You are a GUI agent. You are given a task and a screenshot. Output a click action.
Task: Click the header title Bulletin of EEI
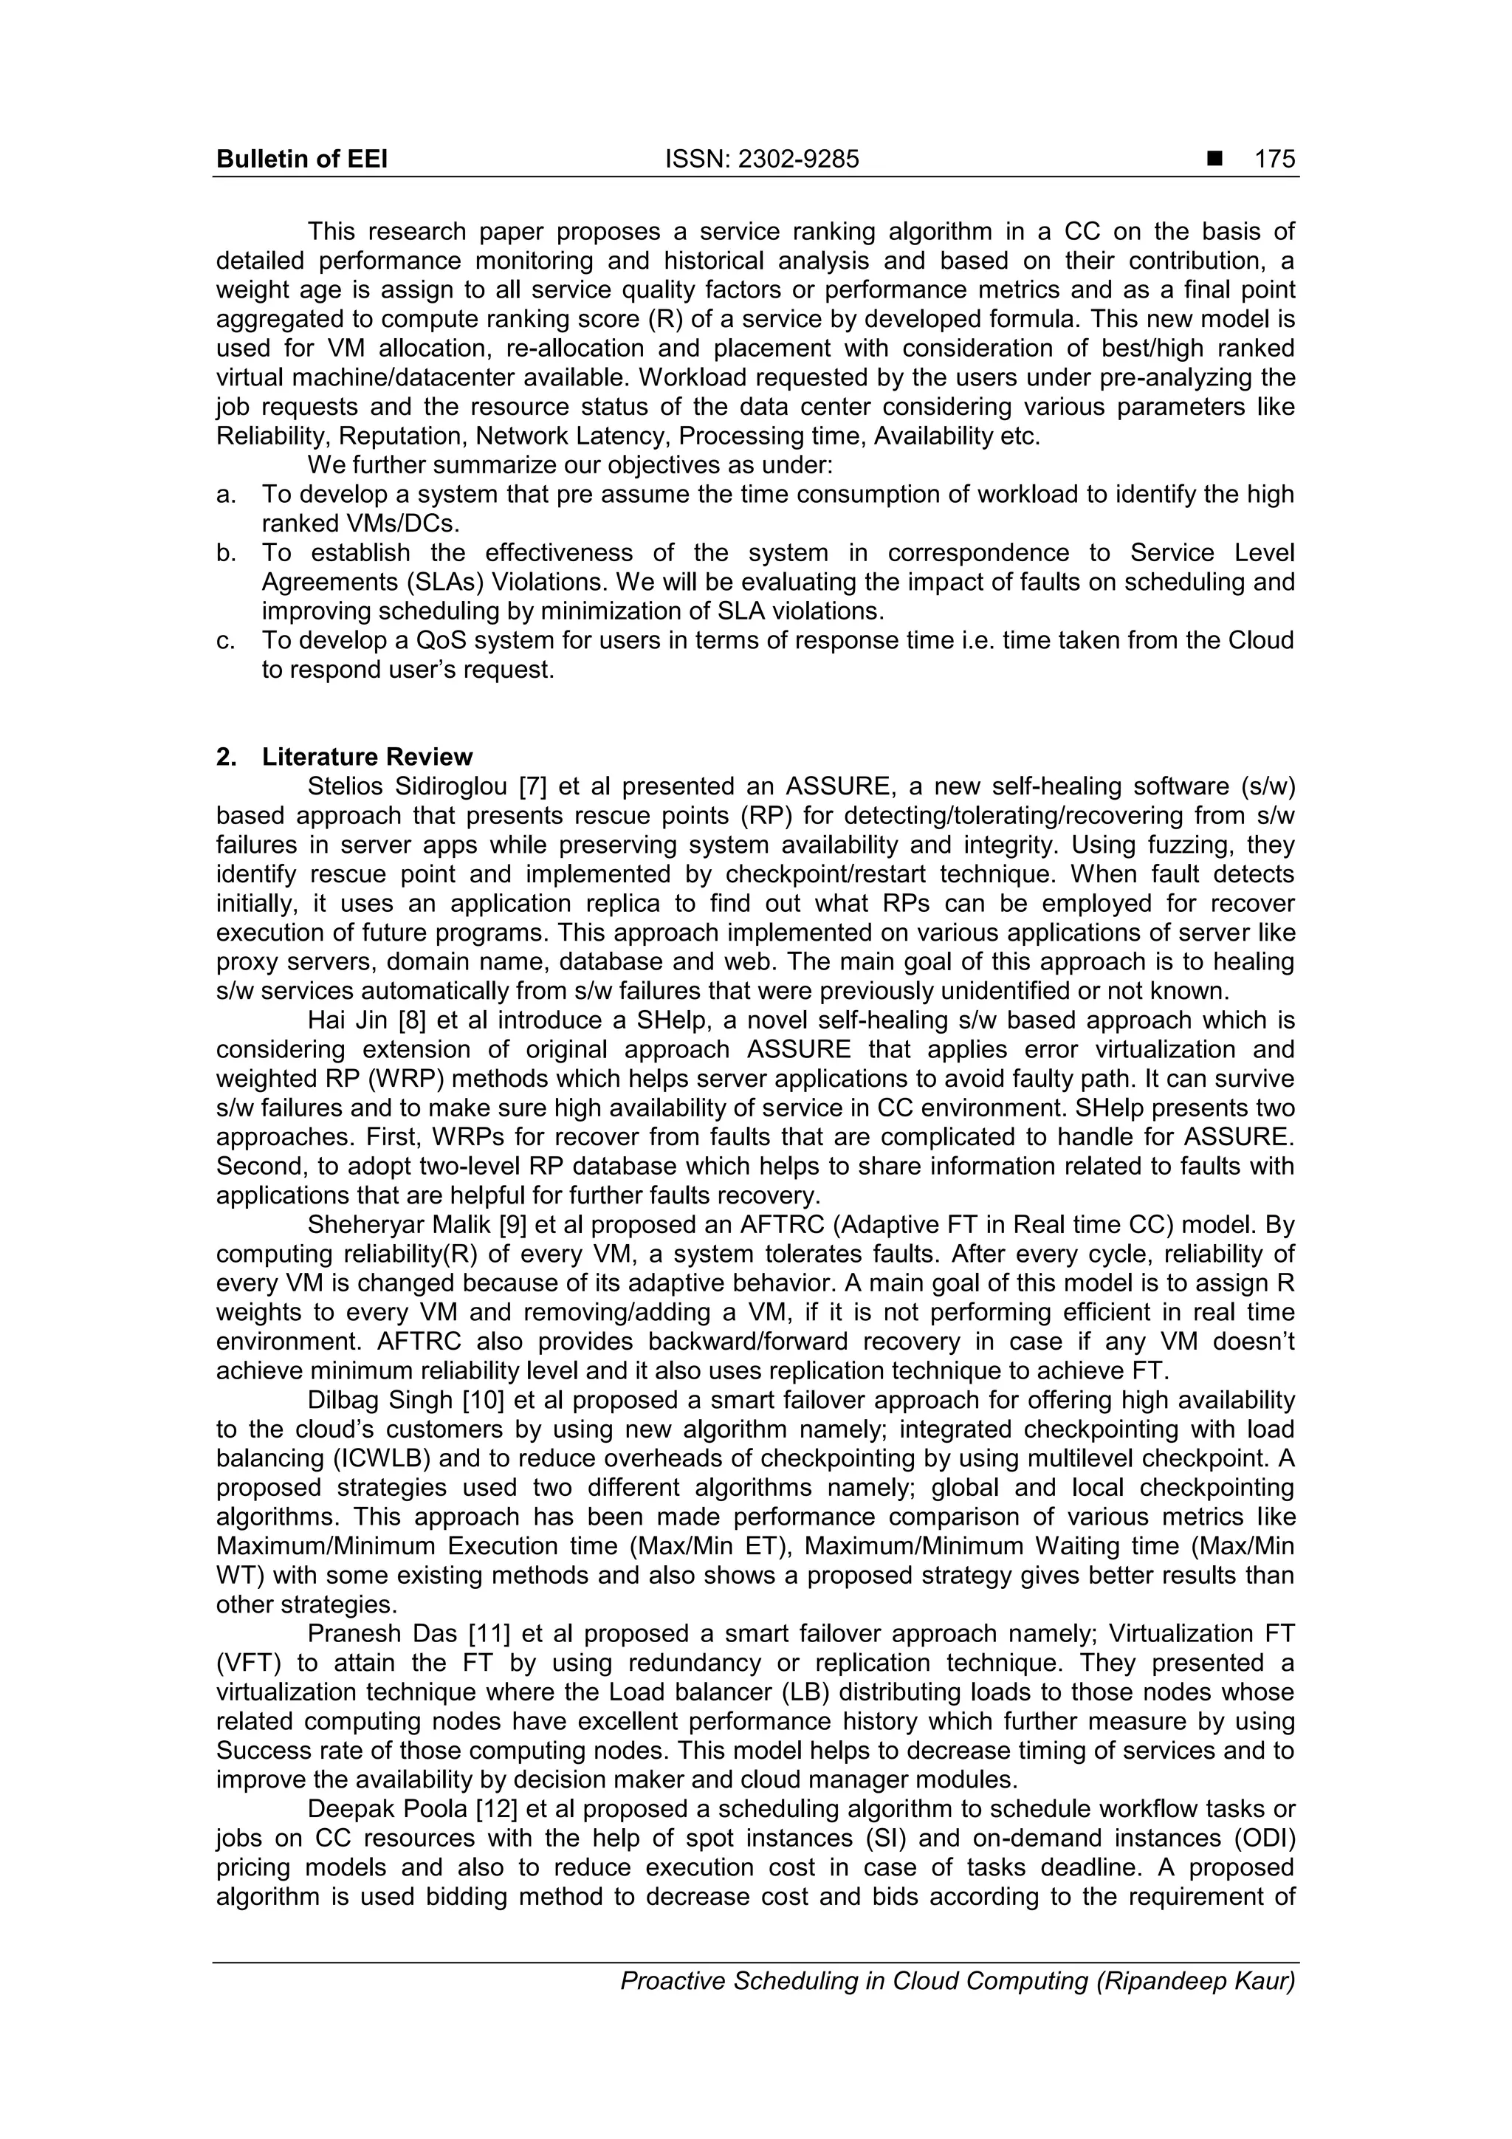tap(302, 159)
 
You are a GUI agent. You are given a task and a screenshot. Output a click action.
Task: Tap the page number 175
tap(1274, 159)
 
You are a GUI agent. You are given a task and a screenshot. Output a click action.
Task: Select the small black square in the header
tap(1214, 160)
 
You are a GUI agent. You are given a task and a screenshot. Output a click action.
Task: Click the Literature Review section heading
tap(367, 757)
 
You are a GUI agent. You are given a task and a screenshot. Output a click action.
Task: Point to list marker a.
tap(225, 495)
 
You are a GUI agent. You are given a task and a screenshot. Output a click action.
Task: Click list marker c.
tap(225, 641)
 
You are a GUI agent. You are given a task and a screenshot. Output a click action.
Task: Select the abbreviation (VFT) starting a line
tap(248, 1663)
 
